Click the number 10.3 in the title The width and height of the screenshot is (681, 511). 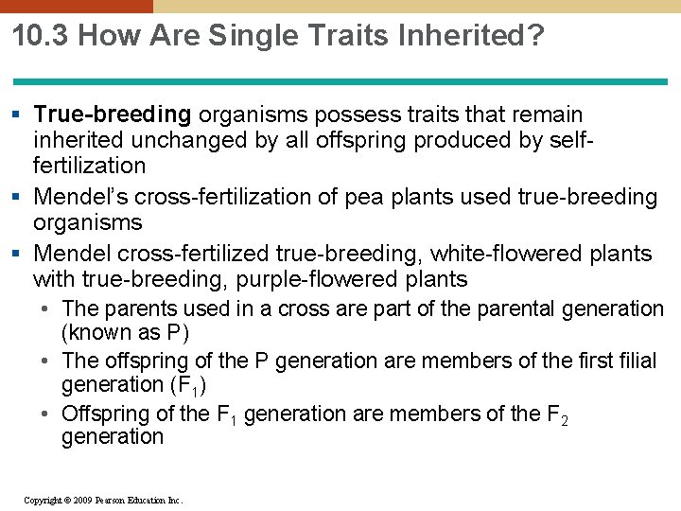point(41,37)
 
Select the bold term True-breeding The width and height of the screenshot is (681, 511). point(112,115)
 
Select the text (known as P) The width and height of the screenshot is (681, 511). point(125,333)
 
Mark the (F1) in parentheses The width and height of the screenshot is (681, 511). point(188,385)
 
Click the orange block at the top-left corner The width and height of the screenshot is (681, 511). point(76,6)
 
